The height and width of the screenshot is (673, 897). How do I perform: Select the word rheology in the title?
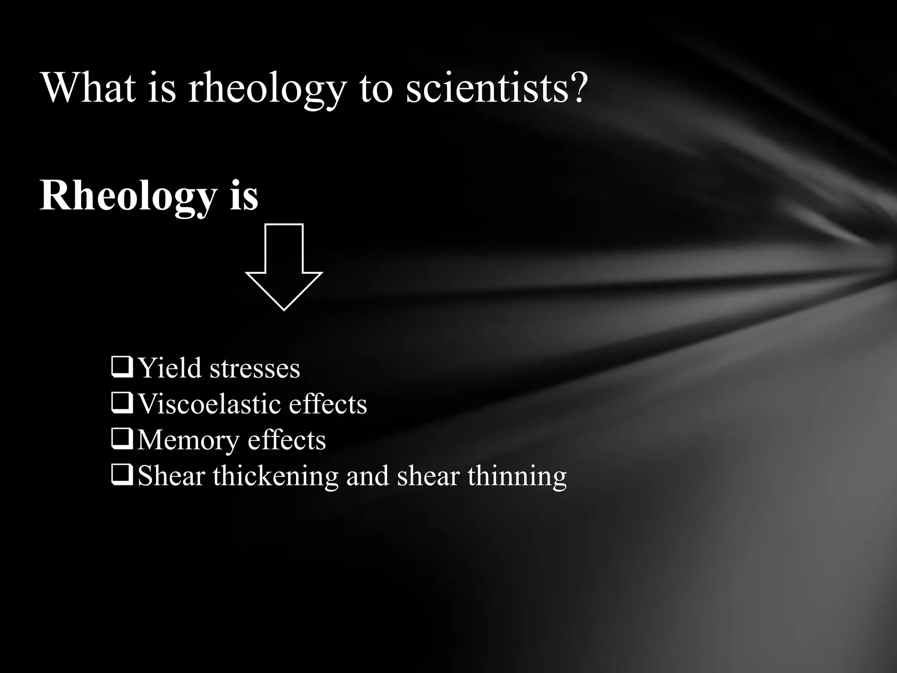click(267, 90)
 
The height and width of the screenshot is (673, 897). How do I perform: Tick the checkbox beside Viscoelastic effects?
click(122, 404)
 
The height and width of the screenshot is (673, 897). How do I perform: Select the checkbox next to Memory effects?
click(122, 440)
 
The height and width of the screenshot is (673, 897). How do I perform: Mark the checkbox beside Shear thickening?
click(122, 476)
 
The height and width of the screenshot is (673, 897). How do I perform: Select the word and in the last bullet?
click(367, 476)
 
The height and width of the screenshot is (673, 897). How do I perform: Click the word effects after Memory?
click(286, 440)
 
